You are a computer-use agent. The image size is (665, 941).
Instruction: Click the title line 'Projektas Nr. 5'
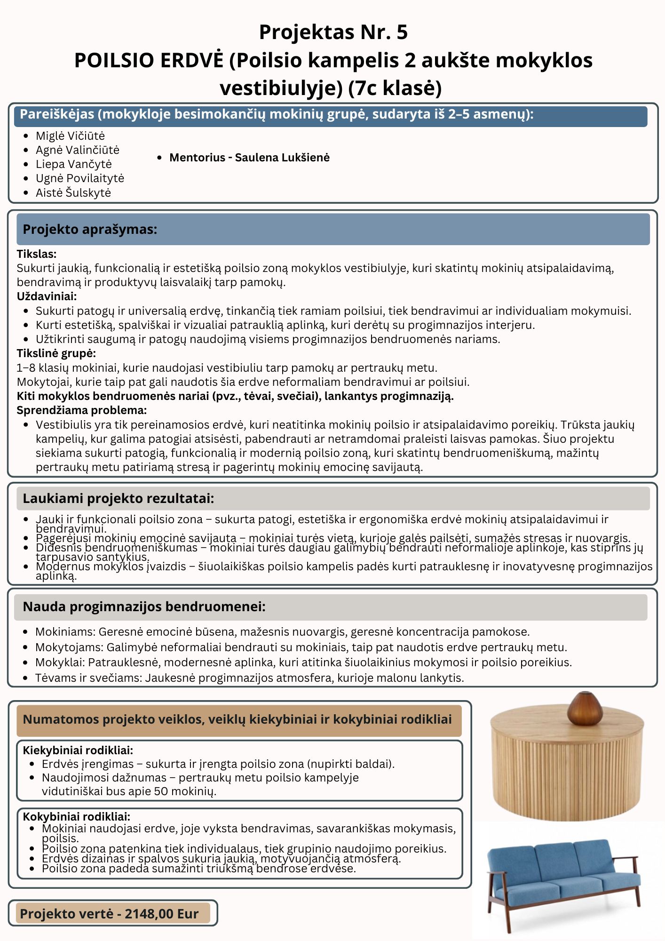333,32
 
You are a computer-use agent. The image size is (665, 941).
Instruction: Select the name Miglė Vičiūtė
70,136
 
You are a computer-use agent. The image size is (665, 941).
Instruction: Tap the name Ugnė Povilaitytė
79,178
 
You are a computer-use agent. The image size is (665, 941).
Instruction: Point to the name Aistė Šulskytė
73,192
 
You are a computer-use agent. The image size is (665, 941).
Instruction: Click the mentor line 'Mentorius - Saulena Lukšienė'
249,158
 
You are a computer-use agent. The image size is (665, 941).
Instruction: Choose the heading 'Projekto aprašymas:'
90,229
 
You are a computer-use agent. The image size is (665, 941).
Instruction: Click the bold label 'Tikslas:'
37,254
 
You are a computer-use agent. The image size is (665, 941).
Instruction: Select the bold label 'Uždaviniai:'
47,296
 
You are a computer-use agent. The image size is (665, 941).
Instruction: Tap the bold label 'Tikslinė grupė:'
56,353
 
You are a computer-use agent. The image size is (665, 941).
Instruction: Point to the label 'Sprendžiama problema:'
82,410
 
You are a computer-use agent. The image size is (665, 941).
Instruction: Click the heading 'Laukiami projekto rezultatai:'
119,498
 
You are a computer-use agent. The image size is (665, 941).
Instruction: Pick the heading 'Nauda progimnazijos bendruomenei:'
144,606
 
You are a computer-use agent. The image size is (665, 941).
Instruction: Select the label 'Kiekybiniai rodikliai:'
78,750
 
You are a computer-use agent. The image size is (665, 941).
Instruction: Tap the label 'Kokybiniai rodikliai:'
77,816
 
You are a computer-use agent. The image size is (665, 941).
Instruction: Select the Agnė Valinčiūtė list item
77,150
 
